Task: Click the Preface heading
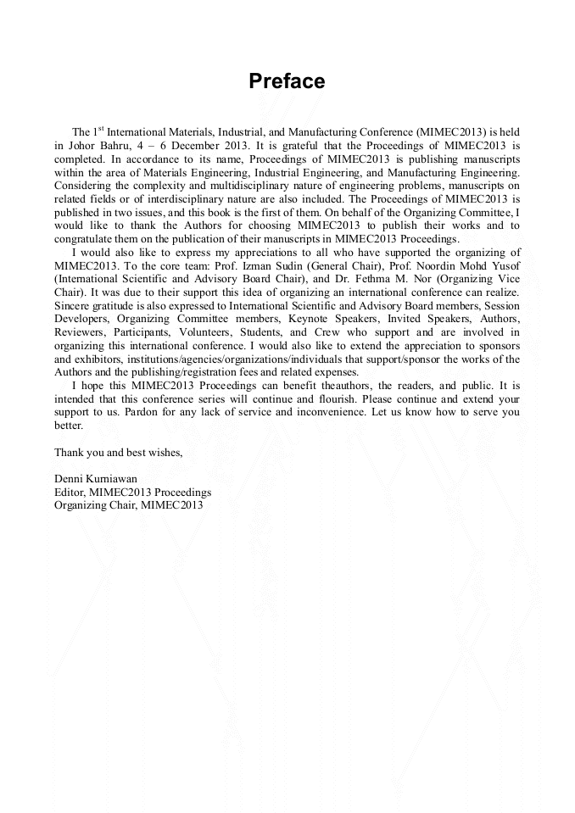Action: pos(287,81)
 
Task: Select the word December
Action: pos(188,146)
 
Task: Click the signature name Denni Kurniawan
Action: pos(97,478)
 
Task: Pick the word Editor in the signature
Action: pos(70,491)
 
